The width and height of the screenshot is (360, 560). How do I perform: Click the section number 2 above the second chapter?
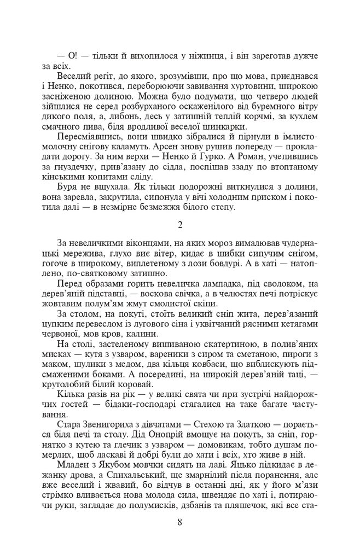(x=179, y=225)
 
